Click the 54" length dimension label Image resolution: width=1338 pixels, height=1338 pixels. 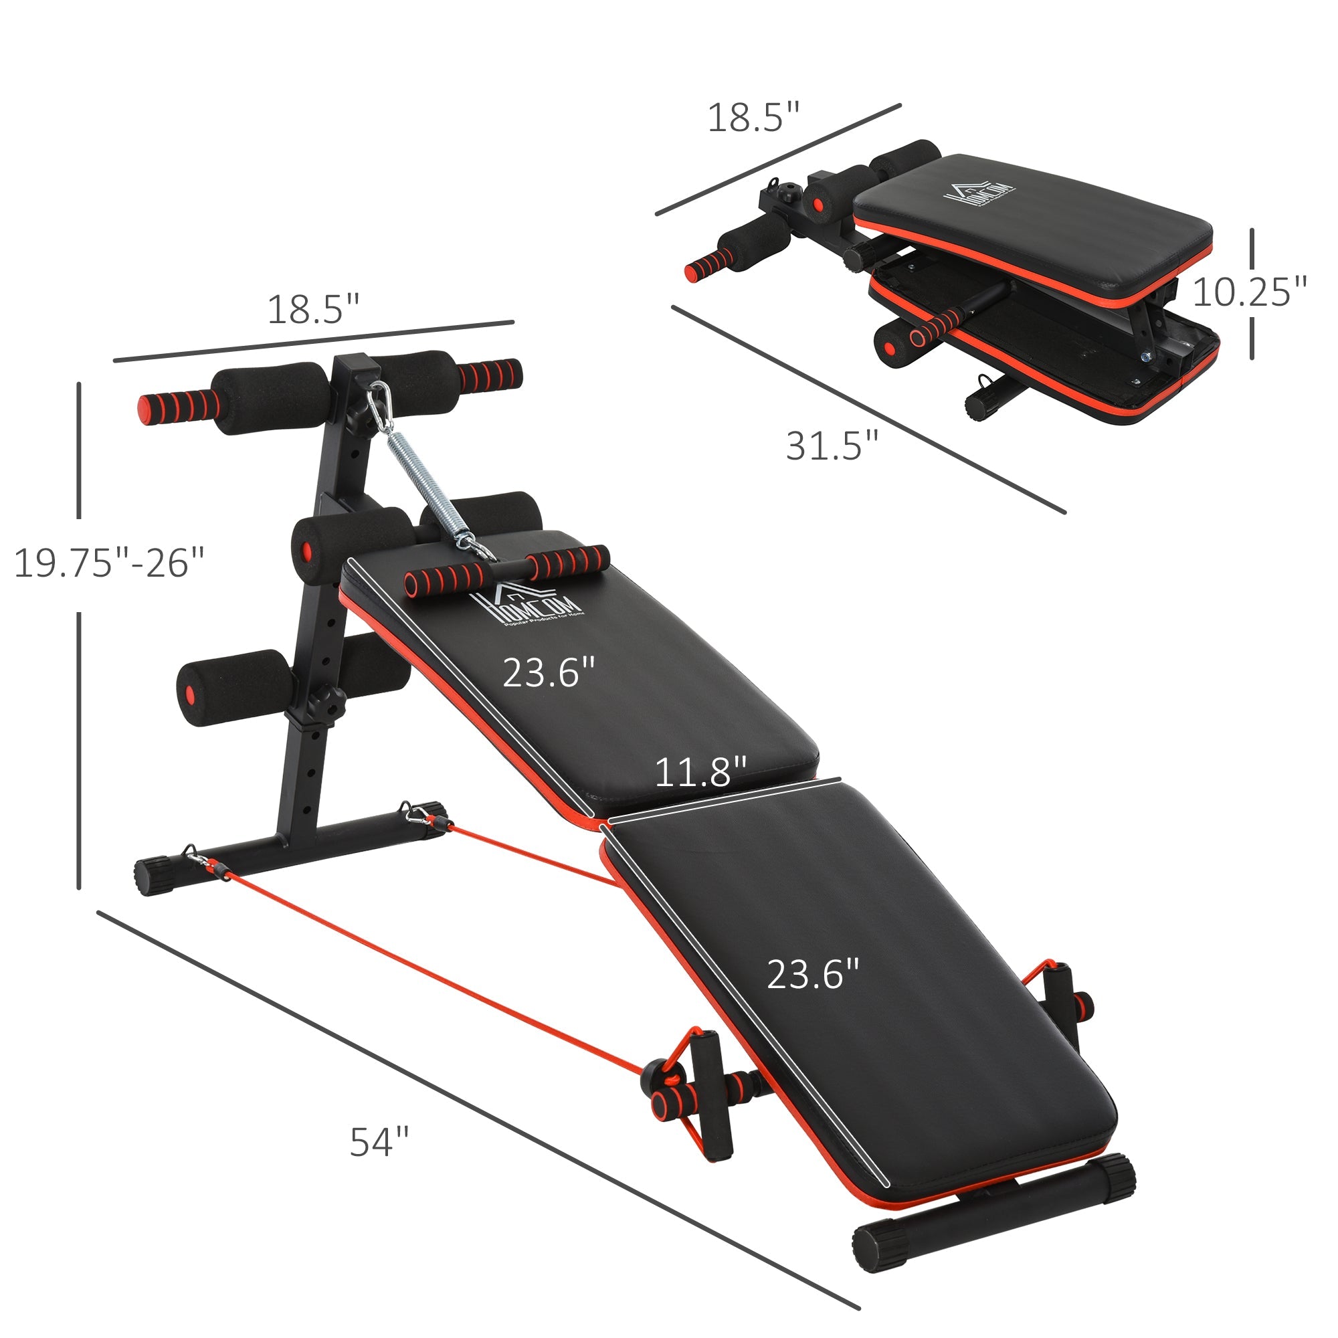click(379, 1142)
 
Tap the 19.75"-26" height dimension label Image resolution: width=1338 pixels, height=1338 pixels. click(110, 563)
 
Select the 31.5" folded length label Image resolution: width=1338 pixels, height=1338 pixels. click(832, 446)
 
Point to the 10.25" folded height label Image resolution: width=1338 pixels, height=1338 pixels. click(1249, 292)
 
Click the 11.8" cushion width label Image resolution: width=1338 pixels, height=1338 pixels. click(701, 772)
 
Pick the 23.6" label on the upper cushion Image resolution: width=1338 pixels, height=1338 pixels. click(549, 672)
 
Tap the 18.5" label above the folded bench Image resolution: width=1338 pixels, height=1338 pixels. click(753, 118)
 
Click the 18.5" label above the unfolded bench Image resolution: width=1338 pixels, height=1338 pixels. click(314, 310)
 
